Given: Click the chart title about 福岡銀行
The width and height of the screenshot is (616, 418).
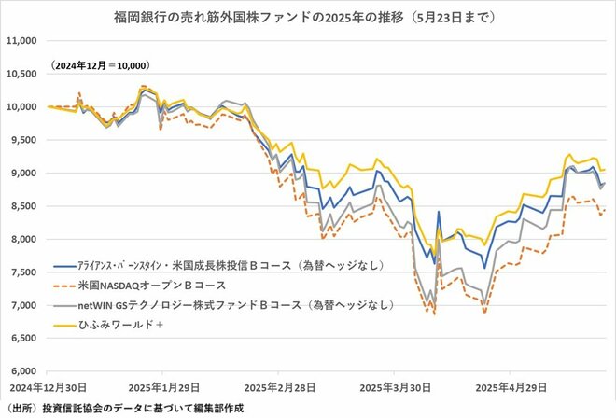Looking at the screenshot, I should coord(308,17).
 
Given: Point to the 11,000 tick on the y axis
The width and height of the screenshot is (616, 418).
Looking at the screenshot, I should coord(20,41).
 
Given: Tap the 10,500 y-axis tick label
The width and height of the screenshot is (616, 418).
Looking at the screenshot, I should coord(20,74).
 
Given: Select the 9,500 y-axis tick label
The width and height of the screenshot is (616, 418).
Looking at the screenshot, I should coord(21,140).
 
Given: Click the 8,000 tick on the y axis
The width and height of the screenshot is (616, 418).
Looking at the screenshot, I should coord(21,239).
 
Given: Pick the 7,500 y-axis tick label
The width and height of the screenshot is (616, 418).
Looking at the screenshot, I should coord(21,272).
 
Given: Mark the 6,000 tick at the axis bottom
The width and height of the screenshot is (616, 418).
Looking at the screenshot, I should coord(21,371).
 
